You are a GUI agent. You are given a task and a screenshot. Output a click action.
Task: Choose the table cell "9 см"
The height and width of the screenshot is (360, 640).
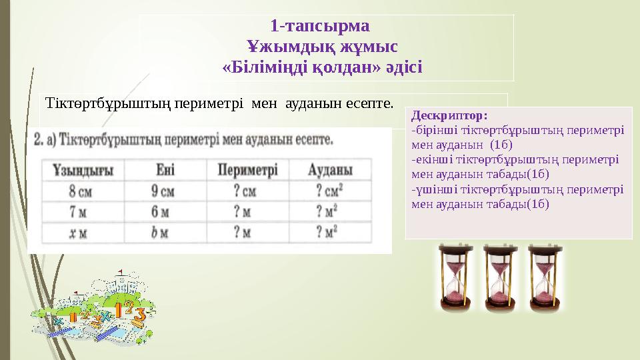point(163,192)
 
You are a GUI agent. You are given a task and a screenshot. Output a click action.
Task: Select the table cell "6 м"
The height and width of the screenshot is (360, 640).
point(161,213)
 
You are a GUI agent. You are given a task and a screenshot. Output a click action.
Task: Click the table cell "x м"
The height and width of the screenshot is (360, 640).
point(78,233)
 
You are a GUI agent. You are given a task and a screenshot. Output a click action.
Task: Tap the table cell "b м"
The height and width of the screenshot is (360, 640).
point(160,233)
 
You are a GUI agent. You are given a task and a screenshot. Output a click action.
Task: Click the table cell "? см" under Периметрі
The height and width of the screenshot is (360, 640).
point(245,192)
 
